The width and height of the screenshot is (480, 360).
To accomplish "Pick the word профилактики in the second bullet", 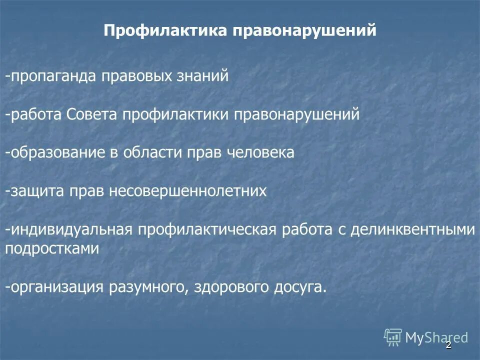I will coord(174,114).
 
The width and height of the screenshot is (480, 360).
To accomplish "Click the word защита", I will coord(34,191).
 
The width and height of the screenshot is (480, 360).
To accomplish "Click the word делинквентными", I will coord(411,229).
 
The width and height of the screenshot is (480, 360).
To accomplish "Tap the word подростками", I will coord(52,248).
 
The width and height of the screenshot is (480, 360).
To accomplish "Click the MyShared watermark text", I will coord(436,337).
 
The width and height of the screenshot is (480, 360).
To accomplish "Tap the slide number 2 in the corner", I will coord(448,345).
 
